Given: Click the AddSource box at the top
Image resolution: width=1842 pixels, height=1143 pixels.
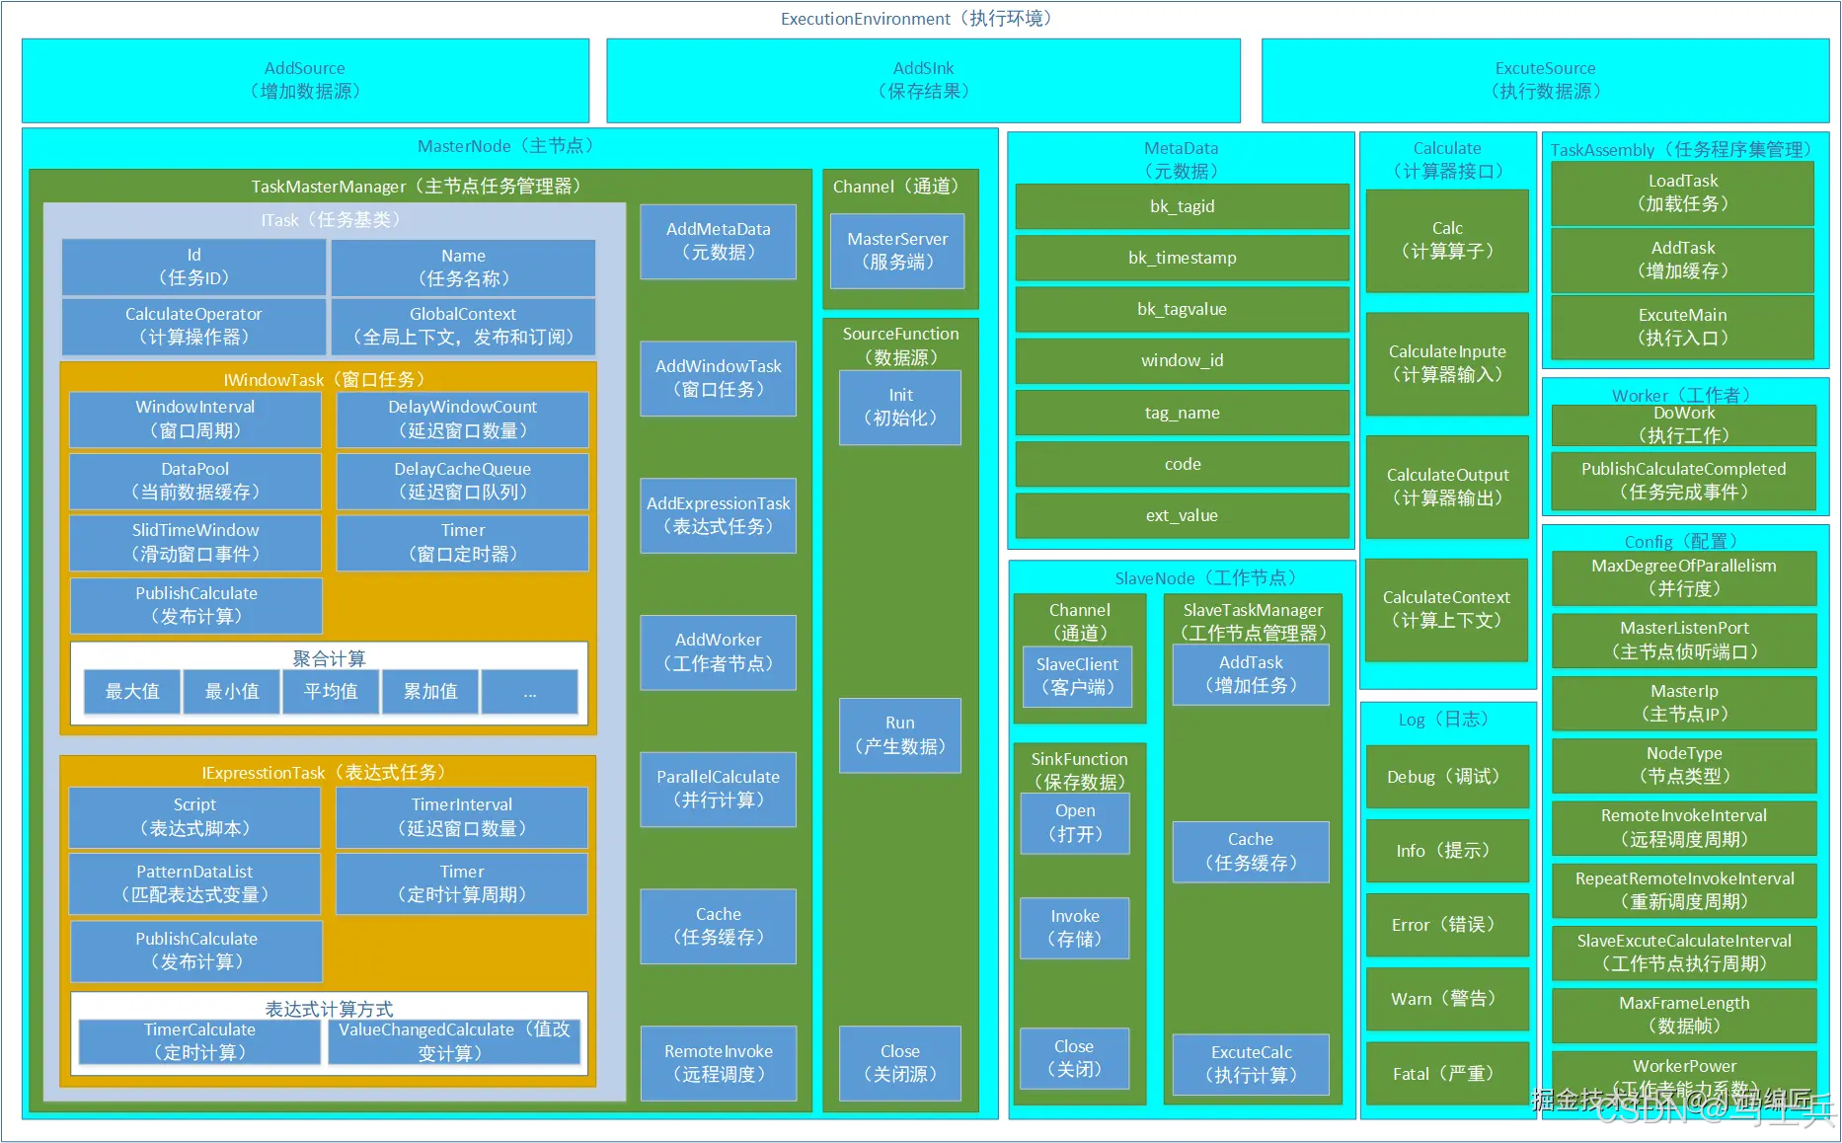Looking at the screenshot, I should [x=305, y=80].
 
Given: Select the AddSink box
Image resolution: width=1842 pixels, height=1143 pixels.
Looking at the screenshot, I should [x=923, y=80].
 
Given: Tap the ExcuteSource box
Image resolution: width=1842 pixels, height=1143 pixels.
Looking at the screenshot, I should [x=1545, y=80].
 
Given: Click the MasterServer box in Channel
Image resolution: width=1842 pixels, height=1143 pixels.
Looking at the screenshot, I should [x=897, y=251].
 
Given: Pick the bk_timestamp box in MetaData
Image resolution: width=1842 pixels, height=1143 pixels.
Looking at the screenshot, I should [x=1182, y=258].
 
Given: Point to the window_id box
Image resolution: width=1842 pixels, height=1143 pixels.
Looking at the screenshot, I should [x=1182, y=360].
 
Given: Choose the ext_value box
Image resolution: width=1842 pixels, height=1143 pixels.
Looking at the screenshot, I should [x=1182, y=515].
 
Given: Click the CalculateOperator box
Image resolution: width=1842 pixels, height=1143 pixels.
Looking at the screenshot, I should [x=193, y=326].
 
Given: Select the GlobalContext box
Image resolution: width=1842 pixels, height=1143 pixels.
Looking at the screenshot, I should [x=463, y=326].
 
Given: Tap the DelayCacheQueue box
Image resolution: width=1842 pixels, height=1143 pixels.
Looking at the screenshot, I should [x=462, y=481].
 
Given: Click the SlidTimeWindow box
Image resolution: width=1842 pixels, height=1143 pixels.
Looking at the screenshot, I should [x=195, y=542].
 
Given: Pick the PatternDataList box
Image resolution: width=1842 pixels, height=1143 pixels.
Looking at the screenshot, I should [x=194, y=883].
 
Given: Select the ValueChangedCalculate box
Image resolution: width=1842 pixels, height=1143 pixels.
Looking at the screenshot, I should [x=454, y=1041].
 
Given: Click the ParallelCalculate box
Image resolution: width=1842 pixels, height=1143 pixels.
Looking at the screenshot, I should [x=718, y=789].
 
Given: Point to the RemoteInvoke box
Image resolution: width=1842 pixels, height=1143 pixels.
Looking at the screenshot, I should [x=718, y=1063].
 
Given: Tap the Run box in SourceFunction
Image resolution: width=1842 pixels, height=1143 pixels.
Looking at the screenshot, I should [x=899, y=734].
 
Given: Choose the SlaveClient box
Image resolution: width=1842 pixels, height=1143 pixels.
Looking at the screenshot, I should [x=1077, y=676].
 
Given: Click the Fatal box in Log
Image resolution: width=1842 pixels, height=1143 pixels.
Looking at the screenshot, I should [x=1446, y=1074].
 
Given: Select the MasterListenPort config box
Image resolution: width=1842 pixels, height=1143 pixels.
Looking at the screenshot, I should [x=1684, y=640].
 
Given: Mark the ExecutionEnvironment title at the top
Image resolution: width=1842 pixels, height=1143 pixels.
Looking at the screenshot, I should [x=918, y=19].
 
